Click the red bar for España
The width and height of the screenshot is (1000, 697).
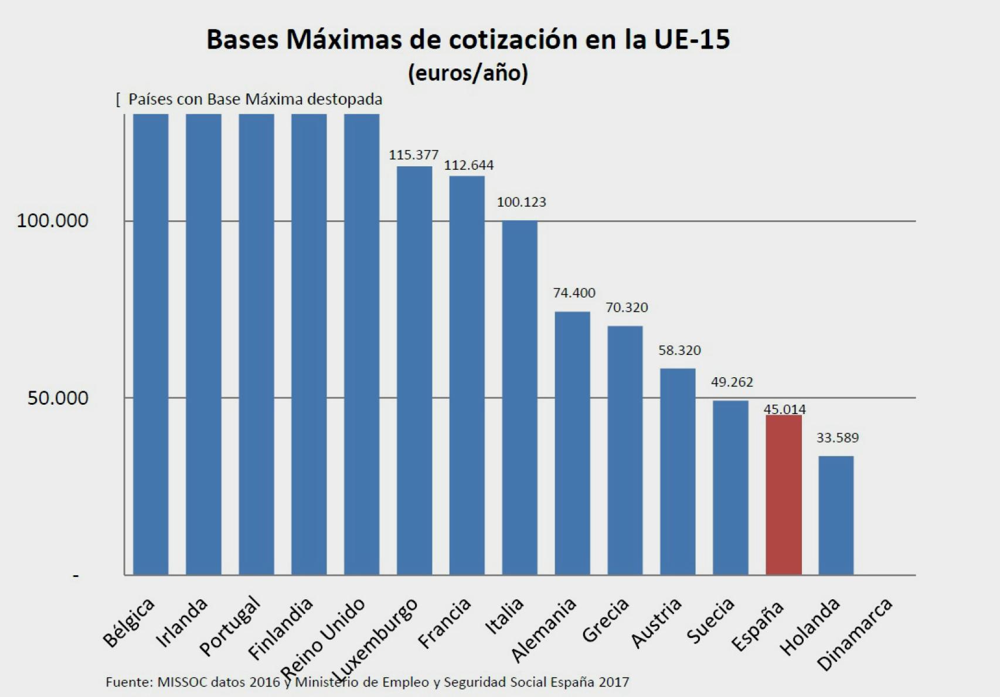[784, 495]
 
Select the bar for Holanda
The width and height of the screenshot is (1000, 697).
[836, 515]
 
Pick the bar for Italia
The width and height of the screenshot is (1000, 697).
[519, 398]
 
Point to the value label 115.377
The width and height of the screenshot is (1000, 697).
[414, 155]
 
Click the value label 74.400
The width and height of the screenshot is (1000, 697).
[574, 292]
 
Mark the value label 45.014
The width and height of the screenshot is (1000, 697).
[784, 409]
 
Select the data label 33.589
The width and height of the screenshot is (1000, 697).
[837, 438]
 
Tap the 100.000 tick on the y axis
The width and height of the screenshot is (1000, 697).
[53, 221]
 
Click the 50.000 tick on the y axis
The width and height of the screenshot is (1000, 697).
[58, 398]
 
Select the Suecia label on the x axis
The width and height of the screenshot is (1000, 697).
[711, 621]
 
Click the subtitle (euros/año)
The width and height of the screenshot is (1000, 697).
[468, 73]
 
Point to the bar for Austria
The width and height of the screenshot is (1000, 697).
[678, 471]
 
